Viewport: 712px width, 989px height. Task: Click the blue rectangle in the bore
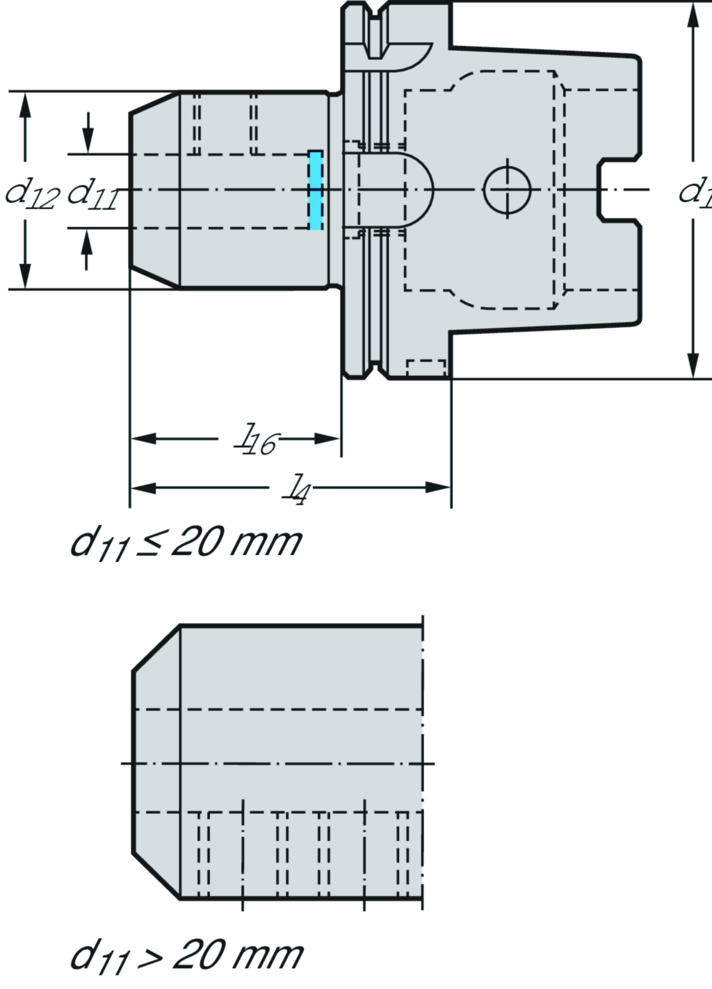coord(315,190)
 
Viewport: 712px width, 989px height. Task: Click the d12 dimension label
coord(31,192)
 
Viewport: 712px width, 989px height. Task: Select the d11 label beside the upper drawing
coord(92,192)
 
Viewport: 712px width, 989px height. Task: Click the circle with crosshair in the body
coord(508,189)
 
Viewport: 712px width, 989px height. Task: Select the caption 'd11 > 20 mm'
coord(186,956)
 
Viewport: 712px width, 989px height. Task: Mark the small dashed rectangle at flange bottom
coord(426,368)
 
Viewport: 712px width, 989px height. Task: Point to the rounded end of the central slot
coord(421,189)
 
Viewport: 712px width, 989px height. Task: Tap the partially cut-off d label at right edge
coord(695,191)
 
